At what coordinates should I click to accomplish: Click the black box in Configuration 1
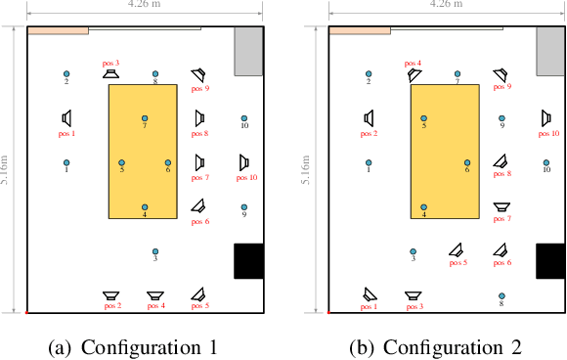coord(249,261)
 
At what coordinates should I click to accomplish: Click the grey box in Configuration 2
coord(550,51)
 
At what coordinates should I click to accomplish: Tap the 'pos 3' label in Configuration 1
coord(110,63)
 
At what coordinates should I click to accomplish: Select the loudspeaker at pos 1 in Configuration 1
coord(66,118)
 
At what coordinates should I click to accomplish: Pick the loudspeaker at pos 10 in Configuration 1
coord(245,163)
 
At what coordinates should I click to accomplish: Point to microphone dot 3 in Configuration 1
coord(154,251)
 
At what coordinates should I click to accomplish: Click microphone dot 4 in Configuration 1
coord(145,207)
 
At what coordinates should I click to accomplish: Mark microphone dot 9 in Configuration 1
coord(244,207)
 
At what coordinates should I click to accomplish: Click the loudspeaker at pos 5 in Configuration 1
coord(198,293)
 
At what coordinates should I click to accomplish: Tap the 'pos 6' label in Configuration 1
coord(200,222)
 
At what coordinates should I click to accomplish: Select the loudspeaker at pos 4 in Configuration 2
coord(414,75)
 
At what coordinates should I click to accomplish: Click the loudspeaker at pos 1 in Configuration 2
coord(370,293)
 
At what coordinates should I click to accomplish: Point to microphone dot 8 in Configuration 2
coord(502,295)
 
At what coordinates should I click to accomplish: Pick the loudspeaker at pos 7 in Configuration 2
coord(502,206)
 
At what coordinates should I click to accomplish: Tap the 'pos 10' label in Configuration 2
coord(548,133)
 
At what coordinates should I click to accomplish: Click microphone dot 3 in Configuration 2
coord(414,251)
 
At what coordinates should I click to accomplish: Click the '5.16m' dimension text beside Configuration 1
coord(6,169)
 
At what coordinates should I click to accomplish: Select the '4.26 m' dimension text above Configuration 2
coord(446,5)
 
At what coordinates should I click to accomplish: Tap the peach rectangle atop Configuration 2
coord(360,31)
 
